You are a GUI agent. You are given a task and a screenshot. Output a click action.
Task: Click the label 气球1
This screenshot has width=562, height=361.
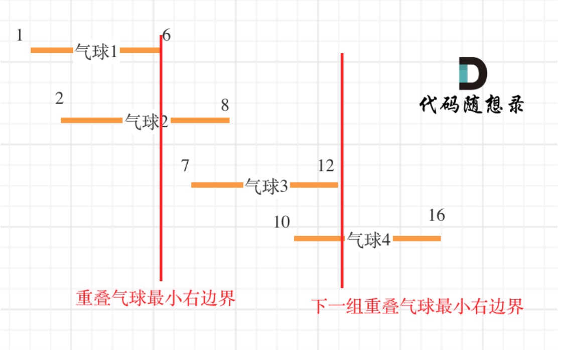click(96, 51)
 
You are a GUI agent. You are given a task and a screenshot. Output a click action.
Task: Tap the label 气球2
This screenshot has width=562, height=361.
click(146, 121)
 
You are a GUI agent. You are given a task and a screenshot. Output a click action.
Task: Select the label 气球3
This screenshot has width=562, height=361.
click(266, 186)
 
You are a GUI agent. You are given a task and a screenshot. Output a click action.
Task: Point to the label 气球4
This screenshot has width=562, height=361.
click(369, 240)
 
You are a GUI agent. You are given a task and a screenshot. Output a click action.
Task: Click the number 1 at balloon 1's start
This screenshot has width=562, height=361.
click(20, 36)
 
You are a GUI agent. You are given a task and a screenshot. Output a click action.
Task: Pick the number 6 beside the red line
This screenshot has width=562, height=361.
click(167, 36)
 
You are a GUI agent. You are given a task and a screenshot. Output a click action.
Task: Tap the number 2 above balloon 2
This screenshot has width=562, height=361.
click(60, 99)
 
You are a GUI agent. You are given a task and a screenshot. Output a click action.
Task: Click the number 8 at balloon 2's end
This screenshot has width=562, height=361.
click(225, 106)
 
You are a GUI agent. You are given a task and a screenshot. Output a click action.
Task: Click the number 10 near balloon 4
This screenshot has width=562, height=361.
click(282, 222)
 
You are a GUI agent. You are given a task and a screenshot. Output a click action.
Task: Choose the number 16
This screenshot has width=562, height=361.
click(437, 215)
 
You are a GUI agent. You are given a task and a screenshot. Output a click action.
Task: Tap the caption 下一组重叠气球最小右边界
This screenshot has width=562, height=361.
click(417, 306)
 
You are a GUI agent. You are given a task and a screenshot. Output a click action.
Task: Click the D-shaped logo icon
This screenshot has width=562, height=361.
click(472, 70)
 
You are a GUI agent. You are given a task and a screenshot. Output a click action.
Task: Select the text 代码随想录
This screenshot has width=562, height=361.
click(471, 105)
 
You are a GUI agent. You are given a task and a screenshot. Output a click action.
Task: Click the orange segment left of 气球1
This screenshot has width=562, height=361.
click(52, 50)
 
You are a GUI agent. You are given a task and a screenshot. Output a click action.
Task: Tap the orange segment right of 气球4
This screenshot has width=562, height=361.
click(417, 238)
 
